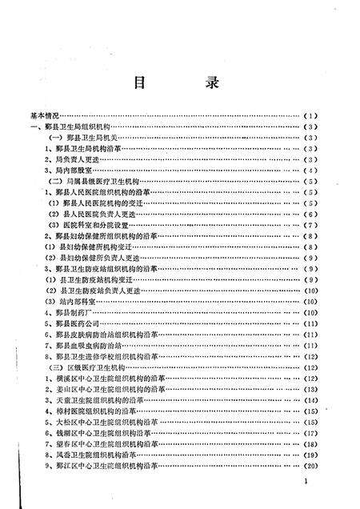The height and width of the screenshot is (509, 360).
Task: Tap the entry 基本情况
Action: (x=46, y=116)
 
